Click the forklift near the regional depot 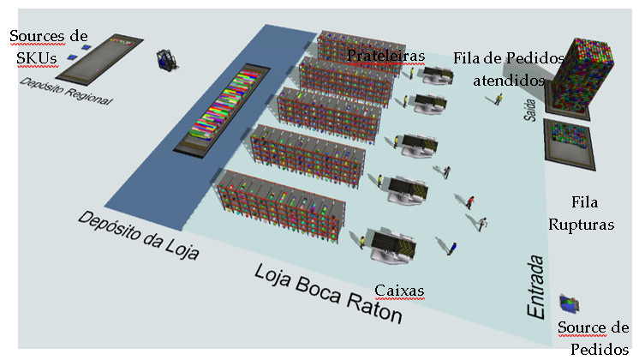point(167,60)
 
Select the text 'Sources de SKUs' point(49,47)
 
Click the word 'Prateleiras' point(385,56)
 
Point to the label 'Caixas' point(399,291)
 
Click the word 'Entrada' point(535,286)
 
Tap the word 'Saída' point(529,110)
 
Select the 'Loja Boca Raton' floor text point(328,293)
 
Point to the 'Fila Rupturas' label point(581,213)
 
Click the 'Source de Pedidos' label point(594,339)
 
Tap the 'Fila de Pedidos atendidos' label point(509,69)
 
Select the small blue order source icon point(570,303)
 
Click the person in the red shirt point(470,202)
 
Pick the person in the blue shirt point(452,249)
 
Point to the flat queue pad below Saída point(570,144)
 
